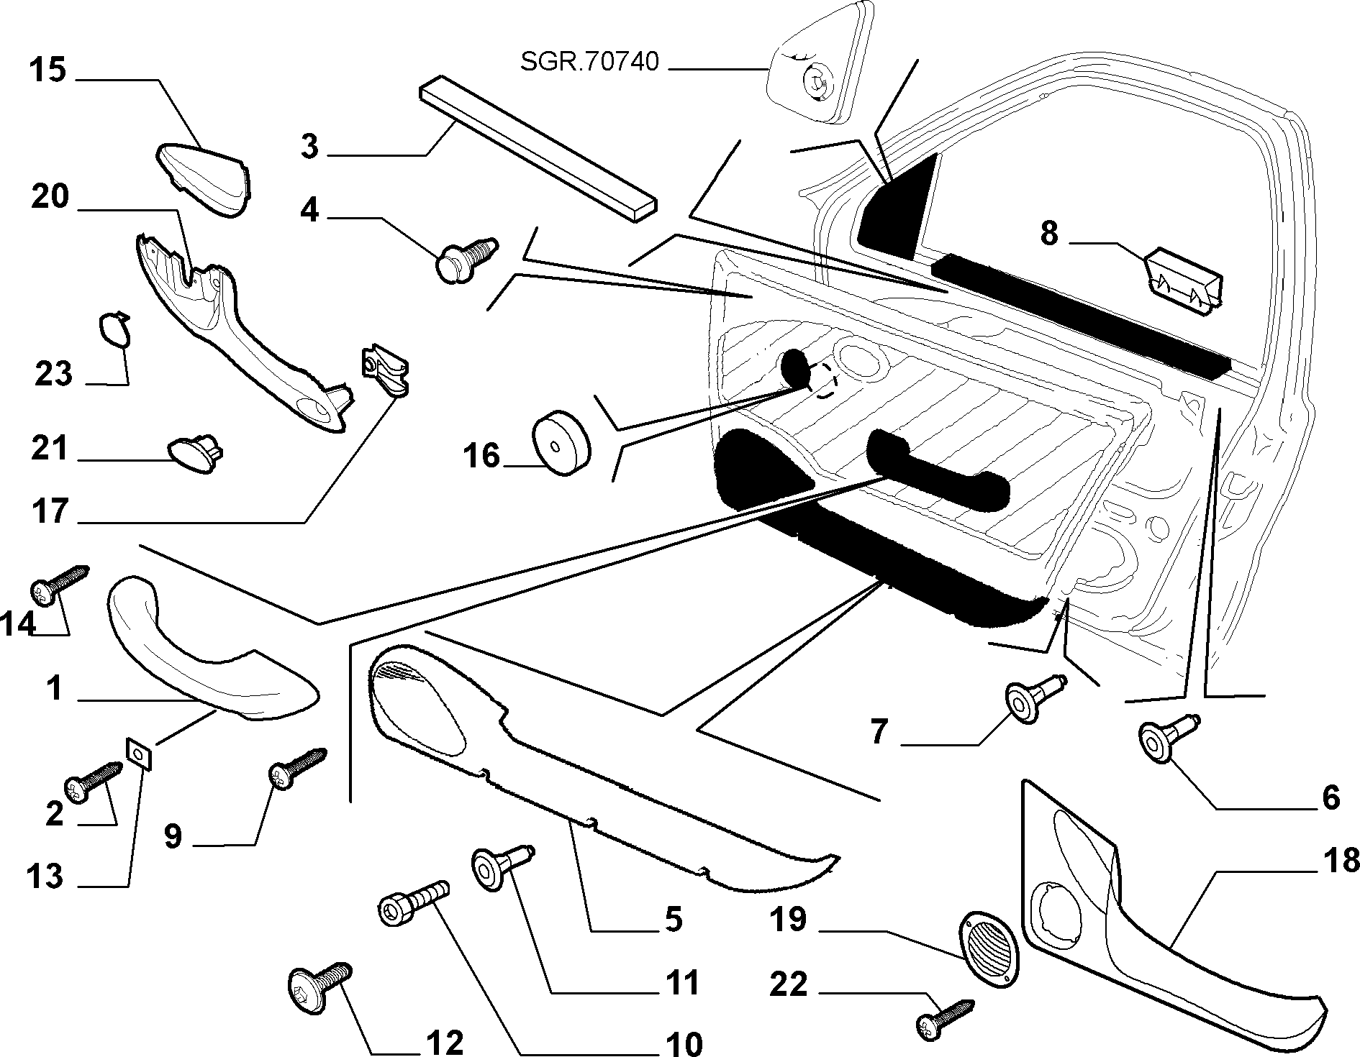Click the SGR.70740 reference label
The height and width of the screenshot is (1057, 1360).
coord(589,63)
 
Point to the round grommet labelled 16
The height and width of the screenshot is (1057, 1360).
coord(561,443)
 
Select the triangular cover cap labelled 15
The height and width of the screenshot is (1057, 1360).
coord(204,178)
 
